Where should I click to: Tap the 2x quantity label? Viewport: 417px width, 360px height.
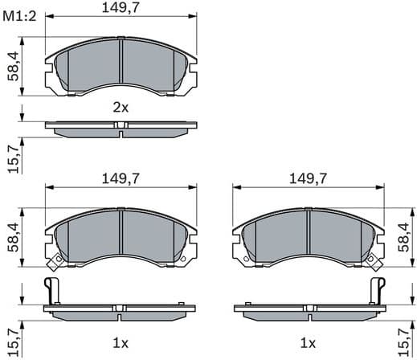click(x=120, y=107)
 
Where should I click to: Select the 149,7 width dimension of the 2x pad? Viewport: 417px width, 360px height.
click(x=120, y=10)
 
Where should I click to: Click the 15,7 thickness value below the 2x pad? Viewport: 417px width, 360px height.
click(x=14, y=155)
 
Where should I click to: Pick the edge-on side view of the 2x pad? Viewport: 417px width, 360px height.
click(x=120, y=126)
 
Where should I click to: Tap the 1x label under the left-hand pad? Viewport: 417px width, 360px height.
click(x=120, y=343)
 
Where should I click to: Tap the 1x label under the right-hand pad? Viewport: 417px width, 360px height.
click(x=308, y=343)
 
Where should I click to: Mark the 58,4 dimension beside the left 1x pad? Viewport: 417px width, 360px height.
click(x=14, y=237)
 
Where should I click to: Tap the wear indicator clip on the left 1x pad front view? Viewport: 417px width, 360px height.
click(x=54, y=261)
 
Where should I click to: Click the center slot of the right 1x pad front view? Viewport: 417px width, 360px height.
click(x=308, y=238)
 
